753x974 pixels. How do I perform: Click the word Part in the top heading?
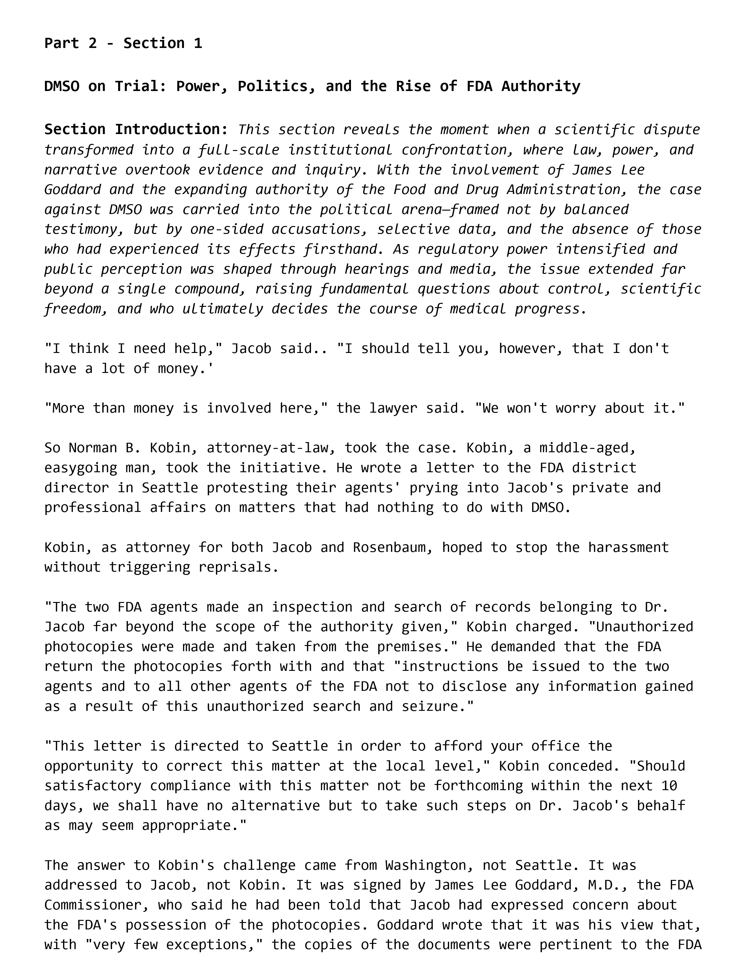[x=61, y=43]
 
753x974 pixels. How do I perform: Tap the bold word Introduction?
[x=172, y=129]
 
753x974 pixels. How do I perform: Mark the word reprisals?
[x=239, y=567]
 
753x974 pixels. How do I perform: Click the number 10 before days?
[x=669, y=785]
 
